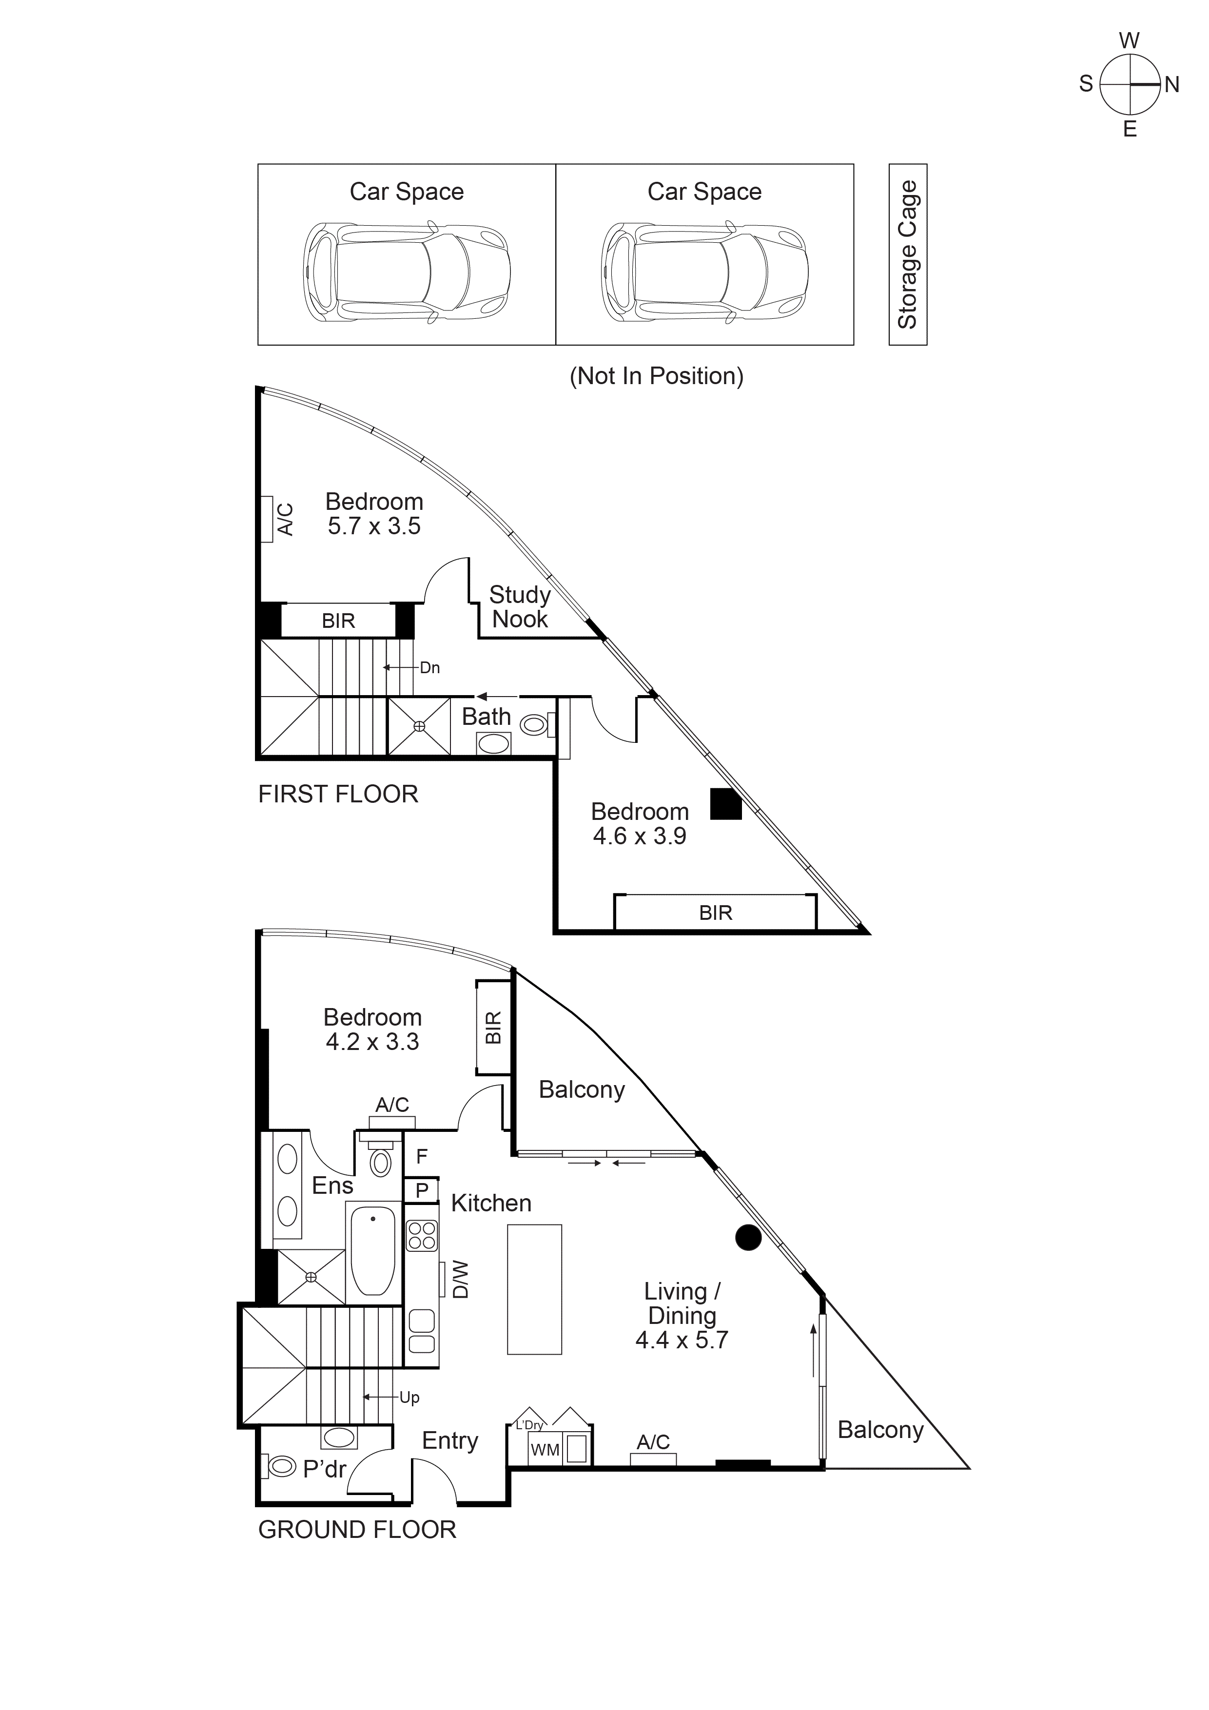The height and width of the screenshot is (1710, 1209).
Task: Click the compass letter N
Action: point(1172,85)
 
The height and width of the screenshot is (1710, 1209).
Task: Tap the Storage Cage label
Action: point(907,255)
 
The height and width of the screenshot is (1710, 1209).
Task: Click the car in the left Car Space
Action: point(407,272)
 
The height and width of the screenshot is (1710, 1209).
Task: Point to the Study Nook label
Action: point(519,606)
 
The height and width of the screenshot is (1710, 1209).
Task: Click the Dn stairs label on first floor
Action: point(430,667)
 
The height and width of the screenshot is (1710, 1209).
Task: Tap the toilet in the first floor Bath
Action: point(534,724)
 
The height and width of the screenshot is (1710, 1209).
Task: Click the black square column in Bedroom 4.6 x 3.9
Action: point(725,804)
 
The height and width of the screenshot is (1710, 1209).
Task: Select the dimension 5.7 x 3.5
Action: point(374,526)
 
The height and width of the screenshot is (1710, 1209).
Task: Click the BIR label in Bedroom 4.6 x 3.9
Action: point(715,913)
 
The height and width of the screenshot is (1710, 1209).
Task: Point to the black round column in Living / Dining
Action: point(748,1237)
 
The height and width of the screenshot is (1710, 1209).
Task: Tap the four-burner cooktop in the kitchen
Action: point(422,1236)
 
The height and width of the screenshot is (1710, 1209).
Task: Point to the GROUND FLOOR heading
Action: point(357,1530)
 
